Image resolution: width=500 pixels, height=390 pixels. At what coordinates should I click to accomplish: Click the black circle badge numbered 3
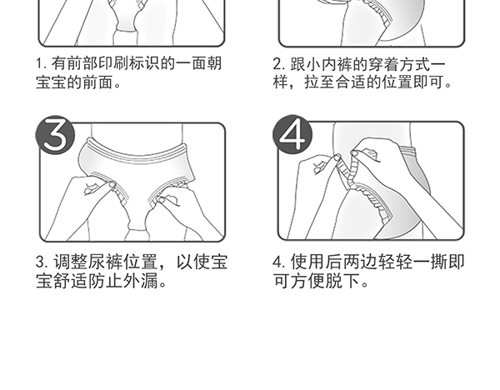click(x=55, y=137)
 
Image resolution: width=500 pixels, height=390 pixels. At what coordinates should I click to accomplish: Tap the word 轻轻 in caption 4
click(x=397, y=262)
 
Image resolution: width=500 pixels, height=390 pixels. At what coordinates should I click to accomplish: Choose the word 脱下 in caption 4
click(x=350, y=282)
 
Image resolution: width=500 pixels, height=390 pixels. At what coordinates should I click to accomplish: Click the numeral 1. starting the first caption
click(x=40, y=64)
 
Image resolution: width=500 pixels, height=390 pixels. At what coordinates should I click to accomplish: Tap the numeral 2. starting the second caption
click(x=279, y=64)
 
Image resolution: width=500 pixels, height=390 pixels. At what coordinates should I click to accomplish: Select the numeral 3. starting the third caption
click(x=40, y=262)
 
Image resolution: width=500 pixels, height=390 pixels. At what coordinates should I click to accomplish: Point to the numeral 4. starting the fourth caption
click(x=279, y=262)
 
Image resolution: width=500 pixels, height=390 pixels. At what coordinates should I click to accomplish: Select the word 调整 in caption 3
click(x=67, y=262)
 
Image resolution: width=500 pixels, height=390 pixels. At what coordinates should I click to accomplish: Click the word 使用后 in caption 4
click(x=314, y=262)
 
